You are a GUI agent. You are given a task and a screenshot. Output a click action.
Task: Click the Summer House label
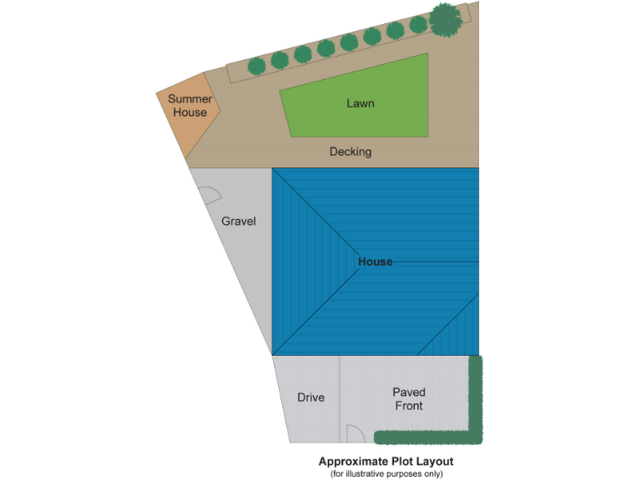click(190, 106)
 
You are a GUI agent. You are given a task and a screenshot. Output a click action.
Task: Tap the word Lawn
click(360, 103)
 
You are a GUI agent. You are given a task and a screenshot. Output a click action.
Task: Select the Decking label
click(351, 152)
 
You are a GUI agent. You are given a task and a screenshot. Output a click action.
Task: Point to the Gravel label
click(238, 222)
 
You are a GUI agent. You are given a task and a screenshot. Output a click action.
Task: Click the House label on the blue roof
click(375, 262)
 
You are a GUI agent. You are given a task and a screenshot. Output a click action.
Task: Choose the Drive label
click(310, 397)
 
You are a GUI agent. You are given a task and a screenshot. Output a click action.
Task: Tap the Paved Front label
click(409, 398)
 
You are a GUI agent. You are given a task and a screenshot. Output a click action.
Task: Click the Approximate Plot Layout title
click(386, 461)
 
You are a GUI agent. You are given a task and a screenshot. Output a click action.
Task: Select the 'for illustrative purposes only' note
click(386, 473)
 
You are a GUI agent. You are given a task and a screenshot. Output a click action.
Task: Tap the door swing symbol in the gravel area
click(209, 196)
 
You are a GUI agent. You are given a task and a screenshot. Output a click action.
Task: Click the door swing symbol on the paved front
click(354, 433)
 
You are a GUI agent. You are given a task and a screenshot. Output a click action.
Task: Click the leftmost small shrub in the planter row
click(257, 64)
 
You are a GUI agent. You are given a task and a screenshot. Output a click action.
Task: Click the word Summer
click(190, 99)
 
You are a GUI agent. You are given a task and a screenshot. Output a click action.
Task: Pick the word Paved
click(409, 392)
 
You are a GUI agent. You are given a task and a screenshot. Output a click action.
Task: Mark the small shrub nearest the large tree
click(419, 27)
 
